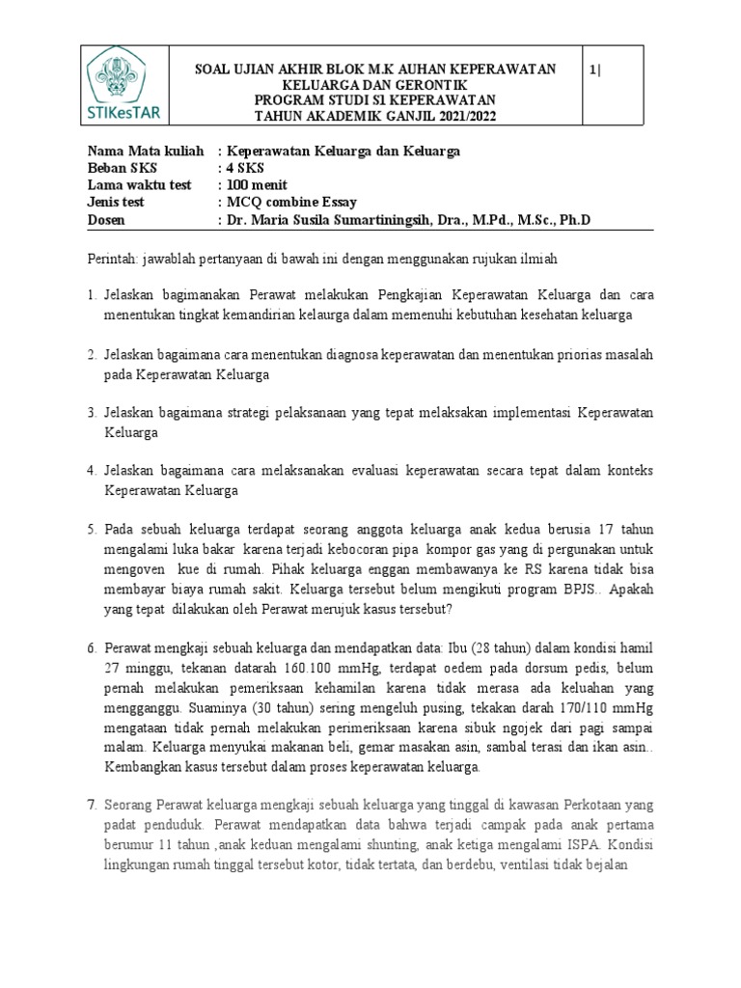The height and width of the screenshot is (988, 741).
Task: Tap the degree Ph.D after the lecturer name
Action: (572, 220)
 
